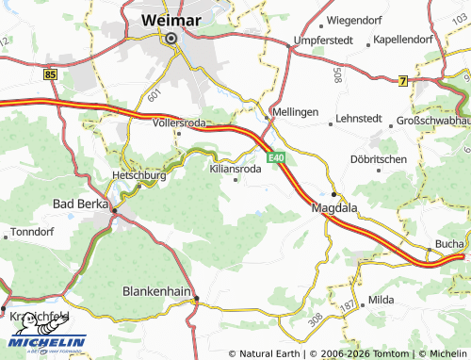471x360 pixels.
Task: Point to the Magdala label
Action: click(x=334, y=209)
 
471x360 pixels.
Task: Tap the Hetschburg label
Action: click(x=139, y=175)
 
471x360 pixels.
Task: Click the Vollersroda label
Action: click(x=179, y=122)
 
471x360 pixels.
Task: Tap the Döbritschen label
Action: click(x=377, y=159)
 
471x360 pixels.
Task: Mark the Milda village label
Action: click(x=382, y=299)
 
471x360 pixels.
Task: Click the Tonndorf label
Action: click(x=34, y=230)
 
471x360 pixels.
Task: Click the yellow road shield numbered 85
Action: click(x=50, y=73)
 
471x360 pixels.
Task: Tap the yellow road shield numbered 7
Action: click(x=403, y=81)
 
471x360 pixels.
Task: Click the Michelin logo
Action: click(x=44, y=344)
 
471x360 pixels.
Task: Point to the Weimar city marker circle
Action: click(x=171, y=39)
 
